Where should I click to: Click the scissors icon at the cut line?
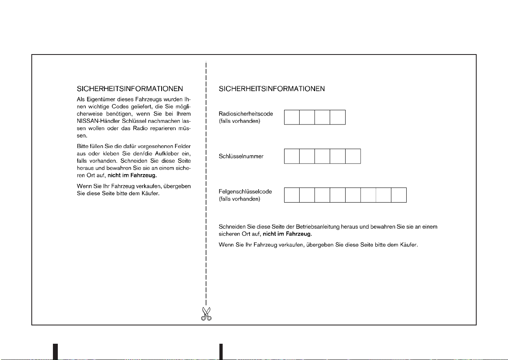click(206, 314)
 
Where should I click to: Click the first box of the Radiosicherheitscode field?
click(291, 117)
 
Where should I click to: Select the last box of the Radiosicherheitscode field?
click(337, 117)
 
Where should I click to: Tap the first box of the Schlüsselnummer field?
click(291, 156)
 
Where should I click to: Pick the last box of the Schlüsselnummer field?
click(353, 156)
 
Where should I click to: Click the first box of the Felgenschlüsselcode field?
click(291, 195)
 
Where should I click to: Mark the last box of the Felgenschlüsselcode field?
click(399, 195)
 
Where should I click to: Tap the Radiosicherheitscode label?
click(246, 114)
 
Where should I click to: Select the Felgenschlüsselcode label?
click(245, 192)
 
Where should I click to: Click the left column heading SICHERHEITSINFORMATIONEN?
click(130, 88)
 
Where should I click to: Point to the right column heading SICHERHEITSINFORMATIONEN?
click(272, 88)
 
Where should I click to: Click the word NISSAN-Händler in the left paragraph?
click(98, 121)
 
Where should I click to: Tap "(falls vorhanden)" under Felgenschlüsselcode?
click(240, 199)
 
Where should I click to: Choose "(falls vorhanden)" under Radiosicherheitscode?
click(240, 121)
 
